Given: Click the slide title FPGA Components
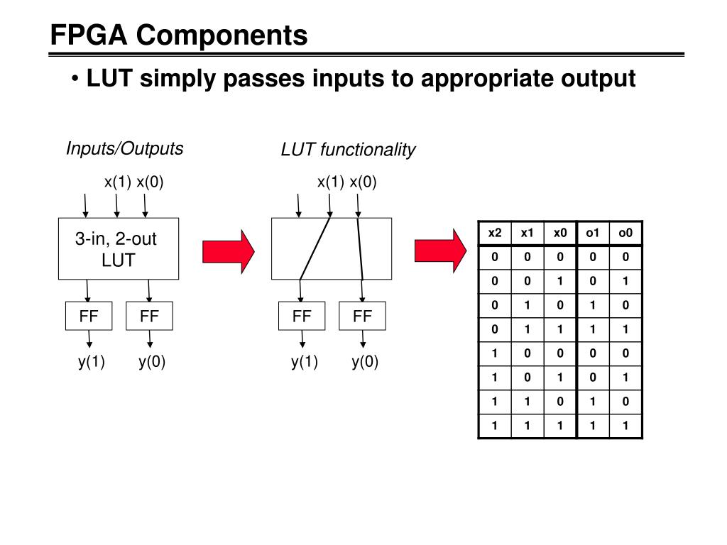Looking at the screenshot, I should click(x=179, y=35).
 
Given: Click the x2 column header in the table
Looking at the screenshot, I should click(x=495, y=233).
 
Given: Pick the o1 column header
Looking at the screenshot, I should click(x=593, y=233).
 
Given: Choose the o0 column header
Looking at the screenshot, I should click(x=625, y=233).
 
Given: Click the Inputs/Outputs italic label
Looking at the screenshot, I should click(x=124, y=148).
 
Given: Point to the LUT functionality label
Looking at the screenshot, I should click(x=348, y=150).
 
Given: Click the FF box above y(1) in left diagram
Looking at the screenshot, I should click(x=89, y=316).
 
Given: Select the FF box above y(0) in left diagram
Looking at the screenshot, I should click(x=149, y=316).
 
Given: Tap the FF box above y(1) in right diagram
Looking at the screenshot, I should click(x=302, y=316).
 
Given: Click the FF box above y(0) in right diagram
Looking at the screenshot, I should click(x=362, y=316).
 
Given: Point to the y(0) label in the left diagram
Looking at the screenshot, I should click(x=152, y=363).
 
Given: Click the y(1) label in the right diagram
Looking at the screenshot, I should click(x=305, y=363).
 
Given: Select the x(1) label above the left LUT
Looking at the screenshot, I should click(x=118, y=182).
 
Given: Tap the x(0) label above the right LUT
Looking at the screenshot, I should click(x=363, y=182).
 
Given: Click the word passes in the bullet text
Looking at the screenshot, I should click(x=265, y=78).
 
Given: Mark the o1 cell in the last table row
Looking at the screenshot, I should click(x=593, y=426).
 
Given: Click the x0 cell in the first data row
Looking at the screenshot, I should click(x=560, y=257).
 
